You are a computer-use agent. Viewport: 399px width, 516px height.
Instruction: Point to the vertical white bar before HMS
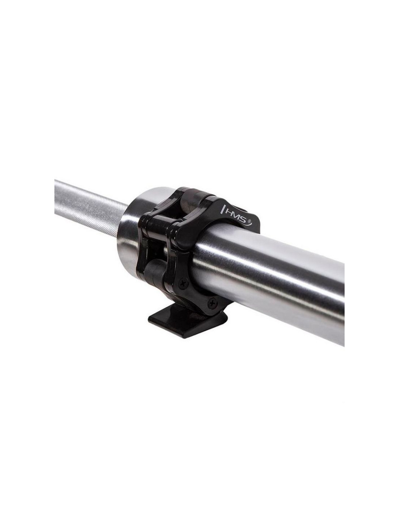coord(222,210)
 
